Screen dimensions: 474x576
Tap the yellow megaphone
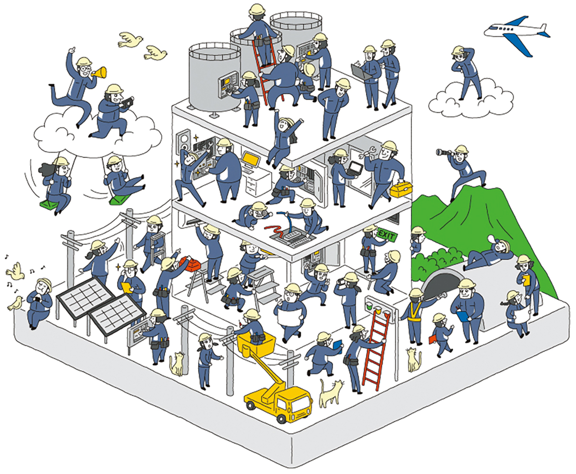[99, 72]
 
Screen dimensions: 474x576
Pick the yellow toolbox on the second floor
[401, 190]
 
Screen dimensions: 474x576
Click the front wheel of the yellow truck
[281, 416]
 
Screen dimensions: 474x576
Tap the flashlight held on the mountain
[442, 153]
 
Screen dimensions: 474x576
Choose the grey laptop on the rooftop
[361, 72]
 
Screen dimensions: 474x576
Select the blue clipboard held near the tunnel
[462, 316]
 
